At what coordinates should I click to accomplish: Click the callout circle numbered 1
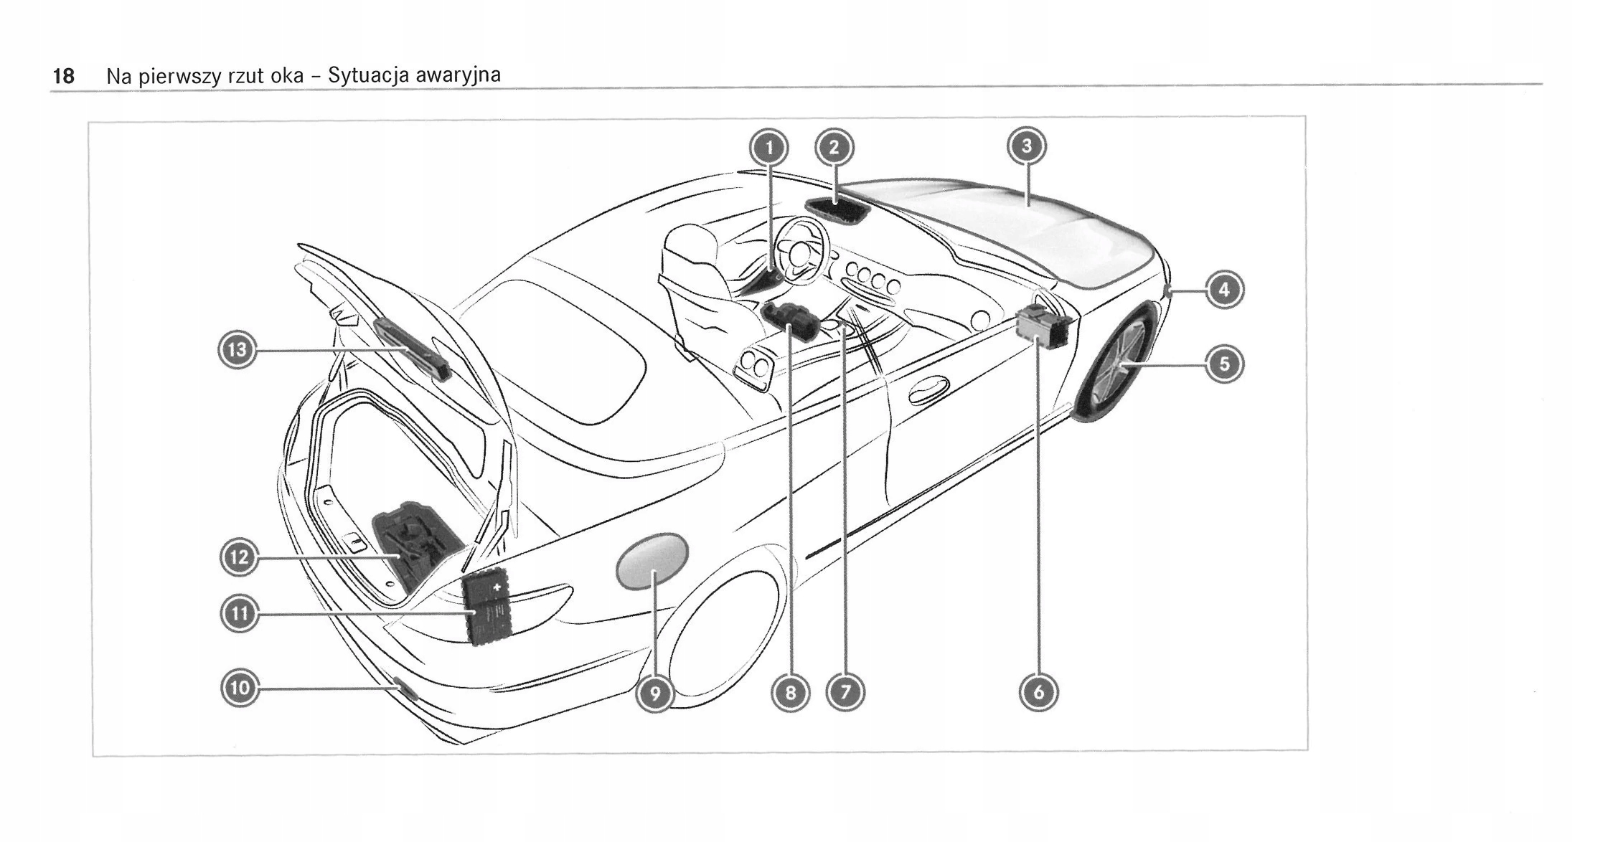pos(769,148)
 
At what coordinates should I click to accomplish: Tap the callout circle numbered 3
pos(1027,146)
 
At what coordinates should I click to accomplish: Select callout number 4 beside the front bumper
pos(1224,290)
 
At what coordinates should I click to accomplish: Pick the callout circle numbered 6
pos(1038,692)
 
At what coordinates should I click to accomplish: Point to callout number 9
pos(654,693)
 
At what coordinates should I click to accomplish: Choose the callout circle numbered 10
pos(240,688)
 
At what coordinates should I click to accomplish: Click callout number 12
pos(240,557)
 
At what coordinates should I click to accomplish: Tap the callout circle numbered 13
pos(238,350)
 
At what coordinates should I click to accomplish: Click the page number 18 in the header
pos(64,75)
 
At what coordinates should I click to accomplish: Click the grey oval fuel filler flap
pos(652,562)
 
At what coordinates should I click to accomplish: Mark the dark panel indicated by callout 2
pos(837,210)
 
